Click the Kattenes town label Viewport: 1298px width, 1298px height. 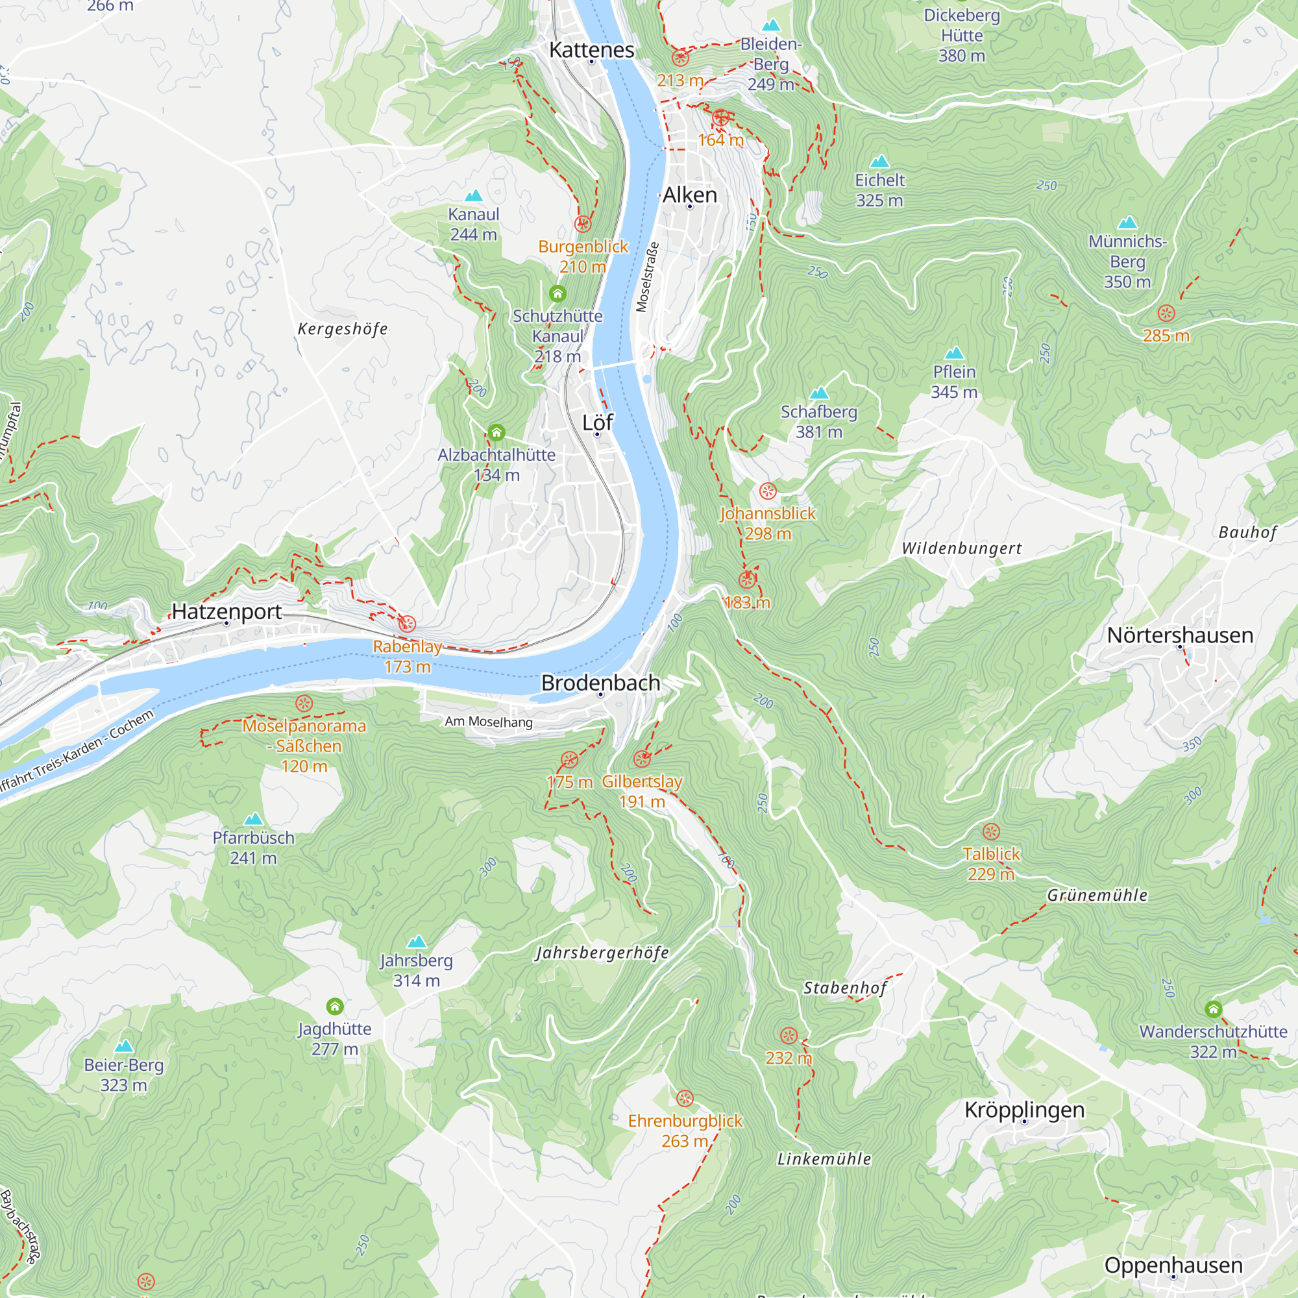pyautogui.click(x=591, y=50)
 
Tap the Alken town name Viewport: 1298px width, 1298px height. pyautogui.click(x=690, y=195)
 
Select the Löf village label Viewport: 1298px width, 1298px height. pyautogui.click(x=597, y=422)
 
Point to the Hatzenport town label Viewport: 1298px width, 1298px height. pyautogui.click(x=227, y=611)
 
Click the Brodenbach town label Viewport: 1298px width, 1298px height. pyautogui.click(x=600, y=683)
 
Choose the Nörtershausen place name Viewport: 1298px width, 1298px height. pyautogui.click(x=1180, y=635)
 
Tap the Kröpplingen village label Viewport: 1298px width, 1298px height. pyautogui.click(x=1024, y=1110)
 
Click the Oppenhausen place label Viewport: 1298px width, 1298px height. pyautogui.click(x=1173, y=1265)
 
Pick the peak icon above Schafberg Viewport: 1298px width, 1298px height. pyautogui.click(x=819, y=393)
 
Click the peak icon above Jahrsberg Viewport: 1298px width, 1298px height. pyautogui.click(x=417, y=941)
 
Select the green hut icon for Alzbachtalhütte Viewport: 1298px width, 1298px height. pyautogui.click(x=496, y=432)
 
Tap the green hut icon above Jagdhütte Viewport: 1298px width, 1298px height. pyautogui.click(x=335, y=1006)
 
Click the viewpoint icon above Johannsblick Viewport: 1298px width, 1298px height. pyautogui.click(x=767, y=491)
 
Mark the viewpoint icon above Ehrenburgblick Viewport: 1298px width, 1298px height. pyautogui.click(x=685, y=1099)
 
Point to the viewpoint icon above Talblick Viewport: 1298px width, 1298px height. pyautogui.click(x=991, y=832)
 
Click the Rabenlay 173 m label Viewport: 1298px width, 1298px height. pyautogui.click(x=407, y=656)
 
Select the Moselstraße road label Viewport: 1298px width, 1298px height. pyautogui.click(x=648, y=277)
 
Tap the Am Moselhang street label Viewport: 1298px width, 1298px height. pyautogui.click(x=489, y=722)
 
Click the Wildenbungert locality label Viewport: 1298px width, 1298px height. pyautogui.click(x=961, y=548)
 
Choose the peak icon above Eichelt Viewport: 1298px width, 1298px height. pyautogui.click(x=879, y=161)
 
